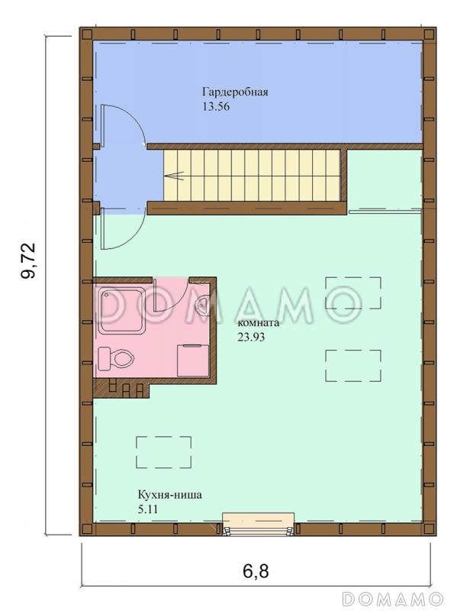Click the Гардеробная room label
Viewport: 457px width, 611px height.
235,92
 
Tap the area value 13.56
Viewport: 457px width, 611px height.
216,107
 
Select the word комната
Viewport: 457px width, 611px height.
259,323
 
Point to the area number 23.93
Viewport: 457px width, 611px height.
252,338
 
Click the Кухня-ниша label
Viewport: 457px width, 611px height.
169,495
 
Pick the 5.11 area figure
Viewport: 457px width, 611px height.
148,509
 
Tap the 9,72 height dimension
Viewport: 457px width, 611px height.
28,260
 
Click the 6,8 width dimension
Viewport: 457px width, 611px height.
256,571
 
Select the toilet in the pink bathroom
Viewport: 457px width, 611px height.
116,358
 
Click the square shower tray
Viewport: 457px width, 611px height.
122,310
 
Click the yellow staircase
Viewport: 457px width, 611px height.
252,176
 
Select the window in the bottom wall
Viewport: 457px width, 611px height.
258,525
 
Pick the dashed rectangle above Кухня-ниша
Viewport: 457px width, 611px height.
163,452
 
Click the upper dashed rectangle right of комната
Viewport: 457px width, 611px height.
353,293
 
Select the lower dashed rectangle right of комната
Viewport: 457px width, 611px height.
353,366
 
